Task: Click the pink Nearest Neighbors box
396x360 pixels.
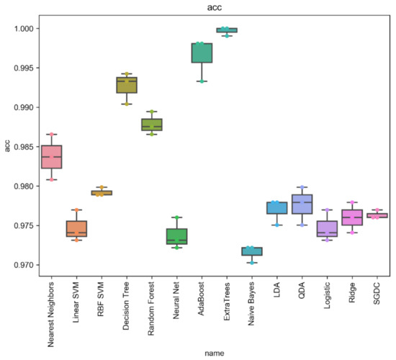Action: click(x=51, y=157)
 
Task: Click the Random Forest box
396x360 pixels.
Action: click(x=151, y=125)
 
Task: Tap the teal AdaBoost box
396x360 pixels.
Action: click(x=202, y=53)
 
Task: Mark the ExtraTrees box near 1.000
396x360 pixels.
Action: click(x=227, y=30)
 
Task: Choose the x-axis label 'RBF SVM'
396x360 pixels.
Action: click(x=102, y=295)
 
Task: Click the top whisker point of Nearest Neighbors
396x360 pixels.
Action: click(x=51, y=134)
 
